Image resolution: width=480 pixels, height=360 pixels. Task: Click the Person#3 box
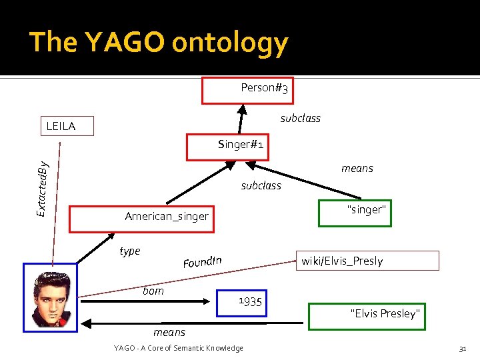248,91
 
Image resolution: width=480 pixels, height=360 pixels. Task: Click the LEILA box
66,126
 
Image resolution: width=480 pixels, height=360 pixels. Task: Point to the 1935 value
250,302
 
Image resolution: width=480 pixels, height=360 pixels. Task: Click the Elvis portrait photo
50,297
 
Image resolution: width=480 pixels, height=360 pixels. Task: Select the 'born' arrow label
153,291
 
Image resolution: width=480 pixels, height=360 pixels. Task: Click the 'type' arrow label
129,251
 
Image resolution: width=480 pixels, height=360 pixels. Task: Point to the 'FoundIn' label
202,261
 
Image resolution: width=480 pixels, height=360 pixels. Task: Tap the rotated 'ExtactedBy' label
43,188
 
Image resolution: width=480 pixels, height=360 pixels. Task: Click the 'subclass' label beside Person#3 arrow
300,118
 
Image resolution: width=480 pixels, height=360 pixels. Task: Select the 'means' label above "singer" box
357,168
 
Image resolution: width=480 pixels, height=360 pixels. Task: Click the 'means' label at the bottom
169,331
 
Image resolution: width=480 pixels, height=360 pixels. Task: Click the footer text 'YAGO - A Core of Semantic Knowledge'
179,348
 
